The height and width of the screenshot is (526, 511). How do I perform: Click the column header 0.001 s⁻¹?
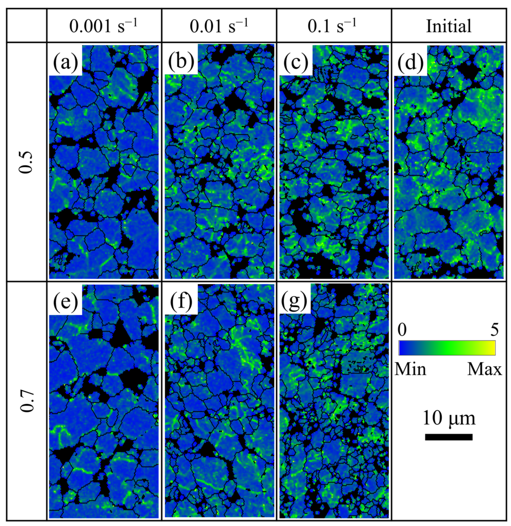pos(104,26)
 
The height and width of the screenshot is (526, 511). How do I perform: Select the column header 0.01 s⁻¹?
pos(219,26)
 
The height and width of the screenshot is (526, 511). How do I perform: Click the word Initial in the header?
pos(449,26)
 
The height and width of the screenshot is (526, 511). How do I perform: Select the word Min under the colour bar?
pos(410,369)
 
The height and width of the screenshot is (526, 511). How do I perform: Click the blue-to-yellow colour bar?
pos(447,348)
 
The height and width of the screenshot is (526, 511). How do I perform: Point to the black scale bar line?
pos(449,437)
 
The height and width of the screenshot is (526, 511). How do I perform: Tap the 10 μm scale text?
pos(449,418)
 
